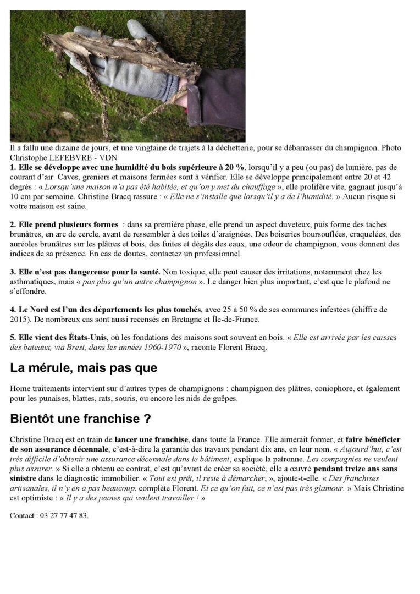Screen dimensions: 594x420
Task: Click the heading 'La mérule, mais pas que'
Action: coord(84,368)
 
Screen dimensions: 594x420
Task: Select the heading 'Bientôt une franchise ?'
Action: coord(80,419)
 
